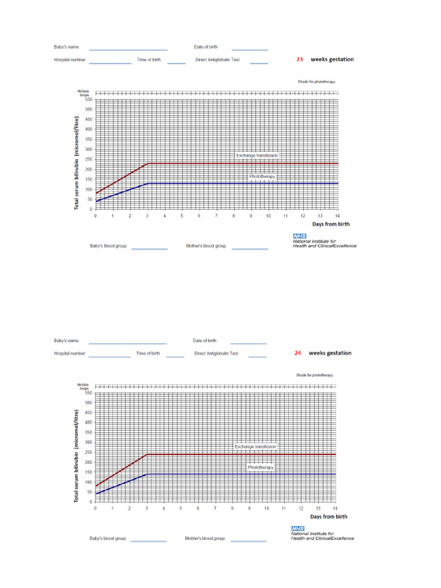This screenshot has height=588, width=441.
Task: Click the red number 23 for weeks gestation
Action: point(300,59)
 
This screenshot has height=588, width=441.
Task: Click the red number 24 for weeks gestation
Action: point(297,353)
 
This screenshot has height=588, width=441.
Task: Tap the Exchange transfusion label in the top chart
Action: point(257,155)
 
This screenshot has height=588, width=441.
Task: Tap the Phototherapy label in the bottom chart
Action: point(261,467)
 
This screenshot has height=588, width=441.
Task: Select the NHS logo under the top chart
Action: point(300,236)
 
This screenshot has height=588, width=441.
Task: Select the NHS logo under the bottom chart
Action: point(297,529)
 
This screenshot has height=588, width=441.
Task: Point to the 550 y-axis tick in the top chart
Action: point(88,99)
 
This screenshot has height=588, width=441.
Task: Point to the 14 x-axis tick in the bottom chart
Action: point(335,509)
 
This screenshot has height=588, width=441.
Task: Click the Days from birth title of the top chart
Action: point(331,224)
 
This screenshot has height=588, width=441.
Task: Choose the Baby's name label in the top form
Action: point(67,47)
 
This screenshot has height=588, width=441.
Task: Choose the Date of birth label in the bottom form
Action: point(204,341)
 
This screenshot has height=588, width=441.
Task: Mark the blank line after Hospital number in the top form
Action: point(110,63)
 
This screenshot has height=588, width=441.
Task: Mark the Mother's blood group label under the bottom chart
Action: point(204,539)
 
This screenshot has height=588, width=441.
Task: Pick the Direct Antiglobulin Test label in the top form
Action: point(217,60)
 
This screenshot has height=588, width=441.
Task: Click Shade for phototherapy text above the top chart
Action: point(316,82)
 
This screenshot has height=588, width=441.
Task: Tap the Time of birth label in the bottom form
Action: point(148,354)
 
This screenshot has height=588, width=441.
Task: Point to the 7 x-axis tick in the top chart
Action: point(216,216)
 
